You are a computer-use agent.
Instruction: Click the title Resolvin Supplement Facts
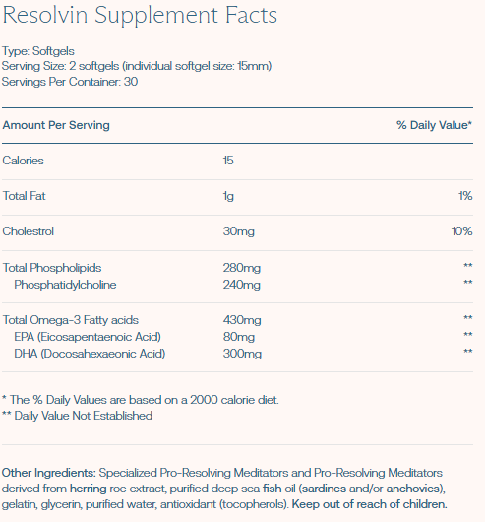click(140, 17)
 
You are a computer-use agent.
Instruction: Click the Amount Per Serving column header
click(56, 125)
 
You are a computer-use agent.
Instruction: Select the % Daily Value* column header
click(434, 125)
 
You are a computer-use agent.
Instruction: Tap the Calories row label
click(24, 161)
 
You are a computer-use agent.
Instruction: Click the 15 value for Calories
click(229, 161)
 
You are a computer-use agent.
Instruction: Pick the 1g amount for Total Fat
click(229, 196)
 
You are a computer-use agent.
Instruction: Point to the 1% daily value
click(465, 196)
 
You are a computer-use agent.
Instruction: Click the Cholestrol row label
click(29, 231)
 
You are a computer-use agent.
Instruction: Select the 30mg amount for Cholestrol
click(239, 231)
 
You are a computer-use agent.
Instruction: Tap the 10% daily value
click(462, 231)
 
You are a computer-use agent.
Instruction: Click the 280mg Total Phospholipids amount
click(242, 268)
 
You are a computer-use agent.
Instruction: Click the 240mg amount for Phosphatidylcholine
click(242, 285)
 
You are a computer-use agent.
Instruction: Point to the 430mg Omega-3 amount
click(242, 319)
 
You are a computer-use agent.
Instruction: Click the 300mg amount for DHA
click(242, 353)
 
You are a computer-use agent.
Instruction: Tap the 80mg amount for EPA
click(239, 336)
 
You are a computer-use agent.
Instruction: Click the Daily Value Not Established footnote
click(78, 416)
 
